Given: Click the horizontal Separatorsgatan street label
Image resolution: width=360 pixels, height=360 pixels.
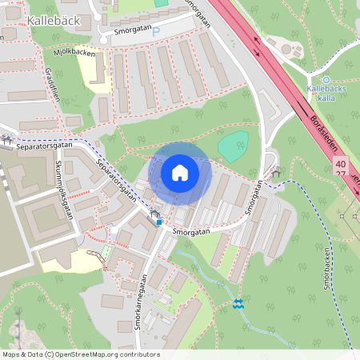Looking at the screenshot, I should pos(43,145).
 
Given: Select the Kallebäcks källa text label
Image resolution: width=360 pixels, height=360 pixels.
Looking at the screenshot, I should pos(326,93).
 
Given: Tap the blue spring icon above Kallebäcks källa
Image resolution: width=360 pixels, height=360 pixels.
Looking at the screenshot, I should pos(326,79).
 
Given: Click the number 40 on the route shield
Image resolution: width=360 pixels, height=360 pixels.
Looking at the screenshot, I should pos(342,163).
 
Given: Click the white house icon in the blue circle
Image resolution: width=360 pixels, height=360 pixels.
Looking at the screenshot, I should pos(179,173).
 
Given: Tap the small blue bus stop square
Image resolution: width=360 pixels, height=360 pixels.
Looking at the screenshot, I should pos(158,223).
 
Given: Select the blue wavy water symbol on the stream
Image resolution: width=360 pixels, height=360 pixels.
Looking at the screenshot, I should pos(238,303).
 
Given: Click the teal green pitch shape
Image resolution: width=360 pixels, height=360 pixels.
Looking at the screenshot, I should pos(233,147).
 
